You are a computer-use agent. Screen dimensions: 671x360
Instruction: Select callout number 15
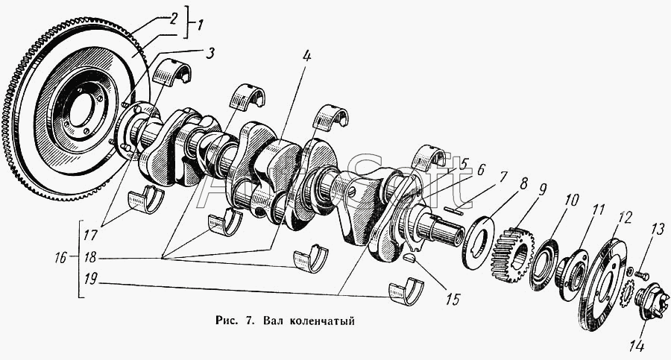[x=452, y=298]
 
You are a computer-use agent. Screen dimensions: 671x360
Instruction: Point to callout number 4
[x=307, y=57]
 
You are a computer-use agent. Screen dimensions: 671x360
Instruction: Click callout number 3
[x=210, y=54]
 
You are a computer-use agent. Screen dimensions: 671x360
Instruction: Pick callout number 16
[x=61, y=258]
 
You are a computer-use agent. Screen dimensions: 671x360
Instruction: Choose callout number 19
[x=91, y=279]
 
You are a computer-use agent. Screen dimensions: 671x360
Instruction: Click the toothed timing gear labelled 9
[x=511, y=255]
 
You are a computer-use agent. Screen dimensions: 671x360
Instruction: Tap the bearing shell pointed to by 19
[x=406, y=293]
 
